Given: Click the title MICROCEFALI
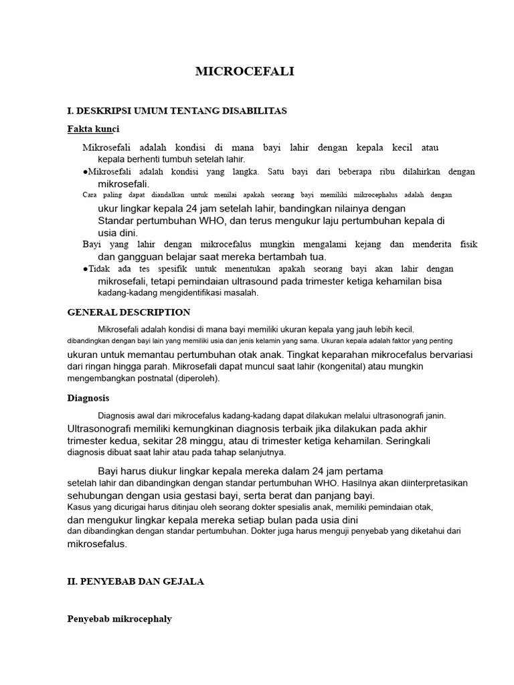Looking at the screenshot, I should point(244,72).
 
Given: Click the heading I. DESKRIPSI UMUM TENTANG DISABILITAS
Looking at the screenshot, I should point(177,110).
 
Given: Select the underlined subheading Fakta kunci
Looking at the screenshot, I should point(94,128).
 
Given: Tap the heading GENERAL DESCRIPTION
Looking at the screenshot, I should point(129,312).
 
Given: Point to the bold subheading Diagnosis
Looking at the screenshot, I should point(88,398).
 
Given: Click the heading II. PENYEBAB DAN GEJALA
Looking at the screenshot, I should point(136,582).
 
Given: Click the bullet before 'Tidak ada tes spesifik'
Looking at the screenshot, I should point(85,269).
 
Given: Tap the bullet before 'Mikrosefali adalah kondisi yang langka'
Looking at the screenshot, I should point(85,172).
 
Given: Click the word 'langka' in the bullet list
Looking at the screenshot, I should point(246,172).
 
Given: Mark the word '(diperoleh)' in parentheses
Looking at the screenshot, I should point(195,379).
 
